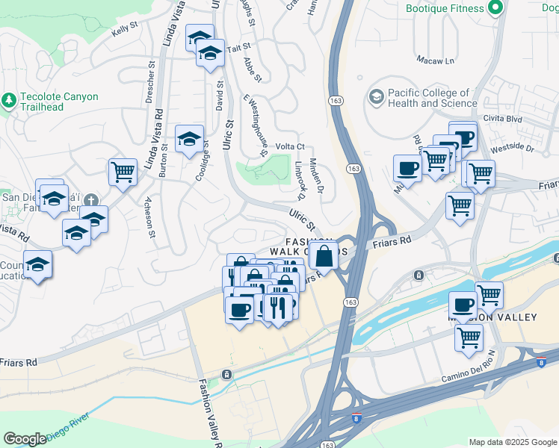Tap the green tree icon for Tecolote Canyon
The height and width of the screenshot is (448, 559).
(9, 99)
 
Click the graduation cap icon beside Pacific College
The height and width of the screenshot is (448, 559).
(376, 97)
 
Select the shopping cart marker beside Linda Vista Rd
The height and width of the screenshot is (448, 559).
(122, 172)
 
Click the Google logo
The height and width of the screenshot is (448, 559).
(25, 439)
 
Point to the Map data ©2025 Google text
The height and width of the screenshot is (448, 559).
(513, 442)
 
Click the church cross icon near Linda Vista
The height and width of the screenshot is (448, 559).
(90, 199)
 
